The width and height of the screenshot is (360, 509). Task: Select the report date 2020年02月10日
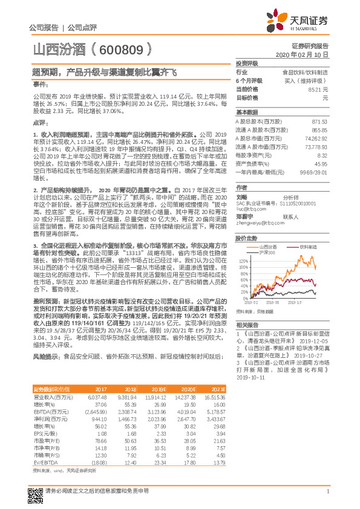click(x=309, y=54)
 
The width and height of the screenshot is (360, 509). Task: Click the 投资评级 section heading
click(x=247, y=63)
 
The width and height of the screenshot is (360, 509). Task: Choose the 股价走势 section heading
click(x=247, y=238)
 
